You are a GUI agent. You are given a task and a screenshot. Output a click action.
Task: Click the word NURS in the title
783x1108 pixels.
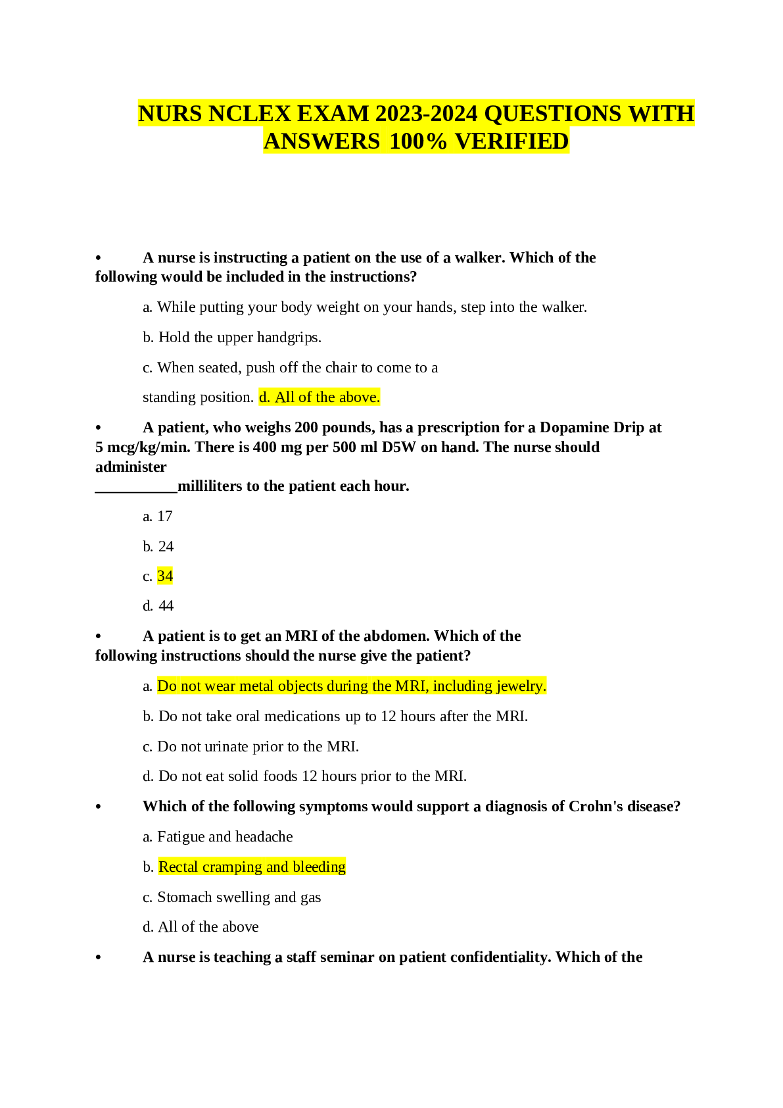[170, 114]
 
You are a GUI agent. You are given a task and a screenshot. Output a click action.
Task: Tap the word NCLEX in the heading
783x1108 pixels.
[250, 114]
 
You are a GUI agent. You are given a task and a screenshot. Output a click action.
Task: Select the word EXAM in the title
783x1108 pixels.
[333, 114]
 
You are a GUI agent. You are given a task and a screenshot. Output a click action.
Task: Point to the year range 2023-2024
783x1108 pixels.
[427, 114]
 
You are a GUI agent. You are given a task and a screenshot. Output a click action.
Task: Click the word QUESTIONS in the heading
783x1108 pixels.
[552, 114]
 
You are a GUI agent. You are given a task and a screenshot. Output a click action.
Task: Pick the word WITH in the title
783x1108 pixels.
[661, 114]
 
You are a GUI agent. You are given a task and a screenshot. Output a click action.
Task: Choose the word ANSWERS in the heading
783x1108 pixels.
[321, 141]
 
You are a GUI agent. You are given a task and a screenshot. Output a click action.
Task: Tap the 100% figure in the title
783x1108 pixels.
[419, 141]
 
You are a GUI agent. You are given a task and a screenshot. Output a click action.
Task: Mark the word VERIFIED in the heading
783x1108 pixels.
[511, 141]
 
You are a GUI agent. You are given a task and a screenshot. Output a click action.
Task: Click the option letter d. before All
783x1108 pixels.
[264, 397]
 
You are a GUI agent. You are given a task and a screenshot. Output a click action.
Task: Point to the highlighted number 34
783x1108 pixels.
[165, 576]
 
